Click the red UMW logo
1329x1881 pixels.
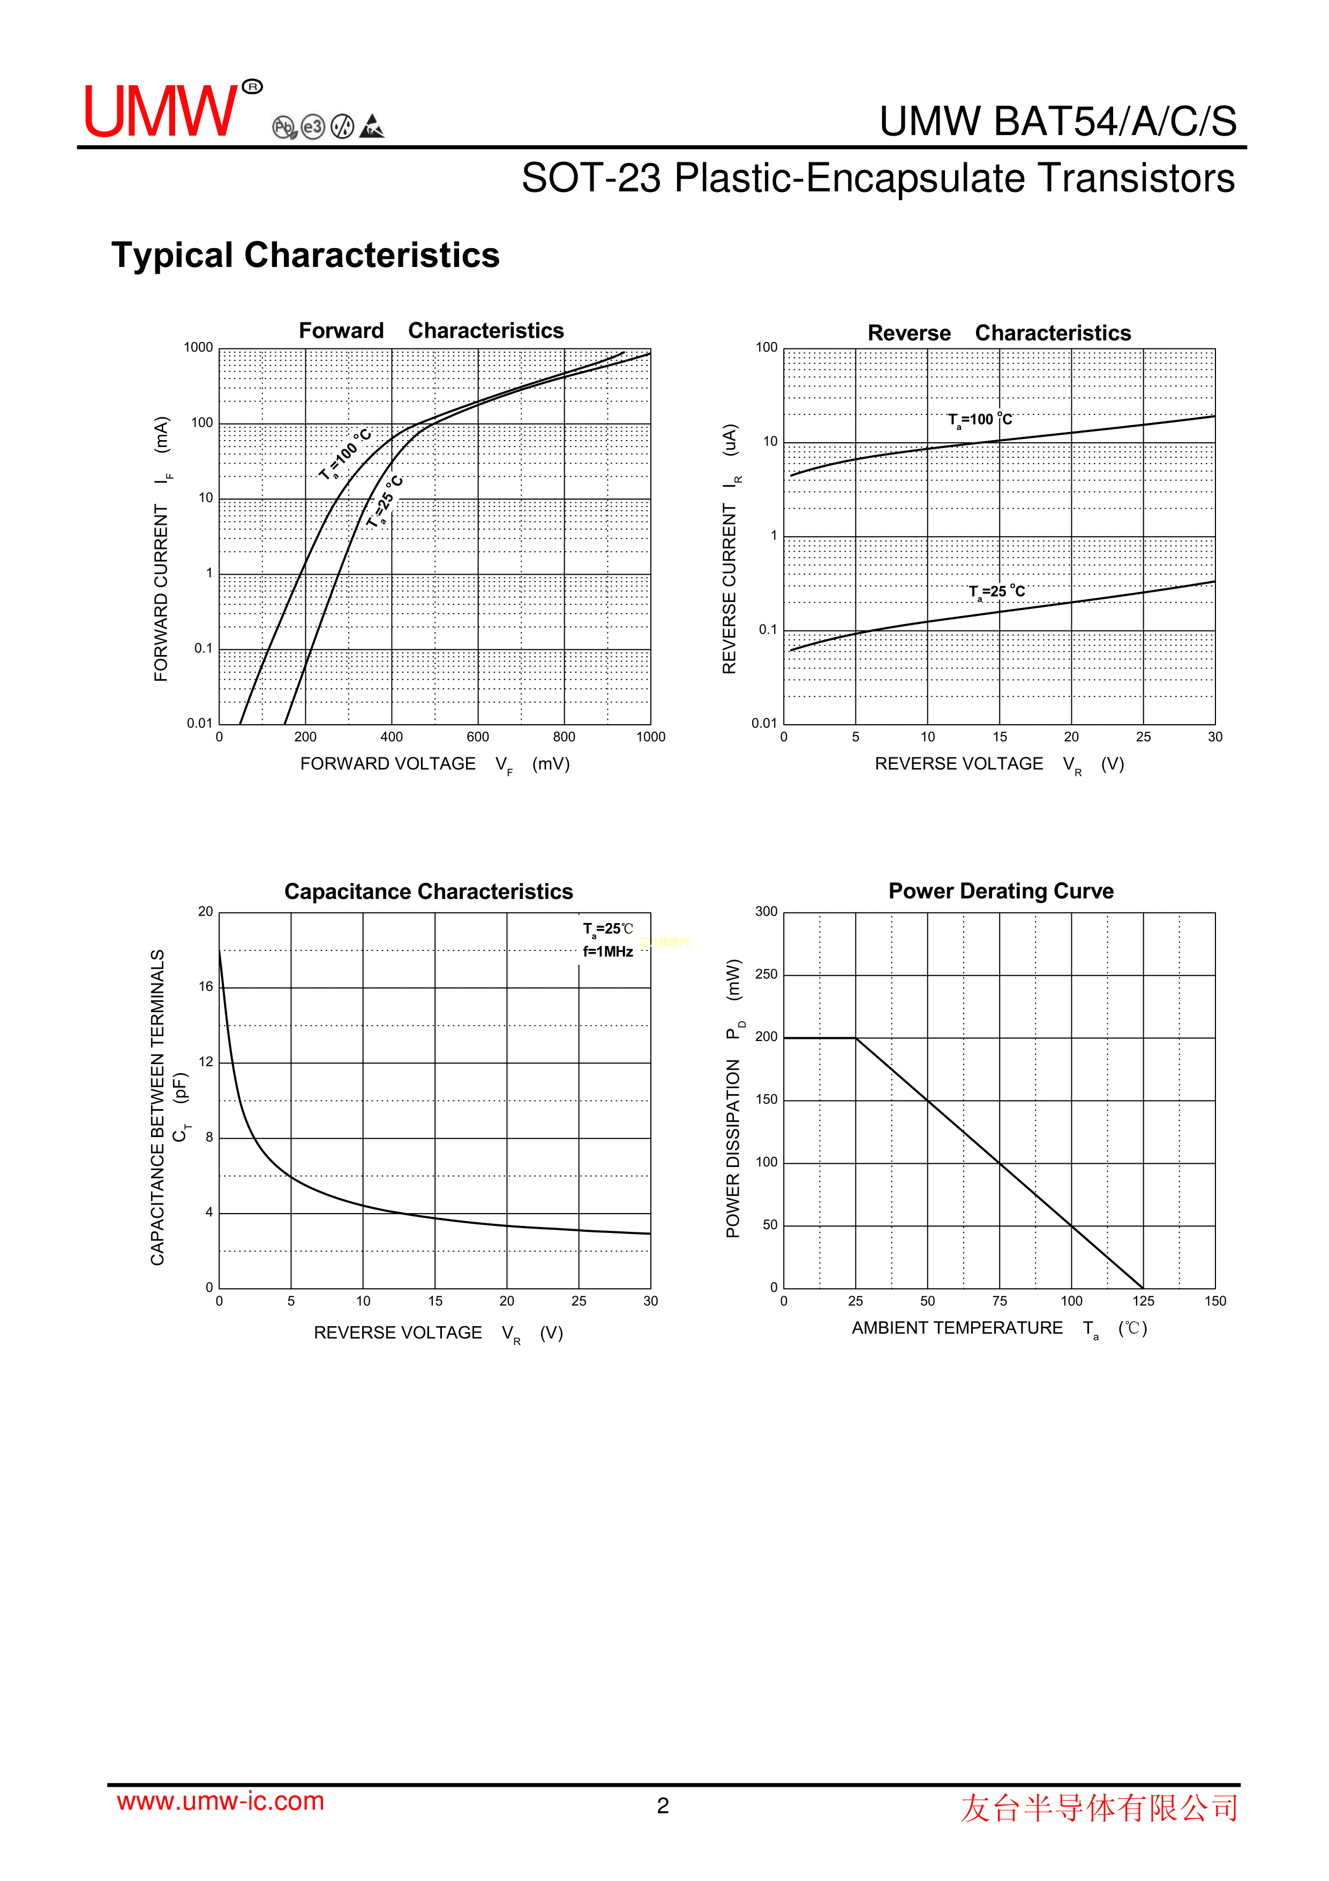tap(161, 111)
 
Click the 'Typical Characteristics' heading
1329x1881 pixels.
tap(305, 256)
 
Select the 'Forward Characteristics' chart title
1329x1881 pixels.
tap(431, 331)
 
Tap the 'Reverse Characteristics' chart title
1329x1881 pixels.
tap(999, 333)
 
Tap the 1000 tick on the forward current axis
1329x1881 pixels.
tap(198, 347)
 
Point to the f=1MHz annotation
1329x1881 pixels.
tap(607, 952)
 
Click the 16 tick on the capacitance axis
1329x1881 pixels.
tap(206, 986)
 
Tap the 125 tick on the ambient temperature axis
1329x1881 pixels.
tap(1143, 1301)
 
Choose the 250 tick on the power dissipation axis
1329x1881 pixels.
tap(767, 974)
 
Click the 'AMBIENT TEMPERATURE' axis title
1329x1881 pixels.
tap(957, 1328)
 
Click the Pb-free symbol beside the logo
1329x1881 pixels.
tap(284, 128)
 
